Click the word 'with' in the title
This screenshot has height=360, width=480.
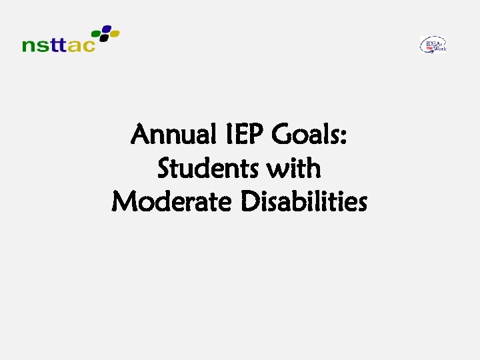(x=293, y=169)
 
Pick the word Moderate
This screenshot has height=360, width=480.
(x=172, y=201)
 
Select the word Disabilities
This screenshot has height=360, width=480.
(x=304, y=201)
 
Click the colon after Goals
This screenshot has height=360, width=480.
(x=343, y=138)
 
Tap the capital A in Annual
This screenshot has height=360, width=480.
(x=142, y=135)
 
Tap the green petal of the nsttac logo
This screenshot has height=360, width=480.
(x=96, y=33)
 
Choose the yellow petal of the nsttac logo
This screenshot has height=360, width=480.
(x=114, y=33)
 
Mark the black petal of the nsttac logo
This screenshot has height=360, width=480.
(x=104, y=38)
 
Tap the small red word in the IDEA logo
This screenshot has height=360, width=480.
(x=429, y=49)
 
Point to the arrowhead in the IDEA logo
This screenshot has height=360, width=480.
(x=433, y=51)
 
